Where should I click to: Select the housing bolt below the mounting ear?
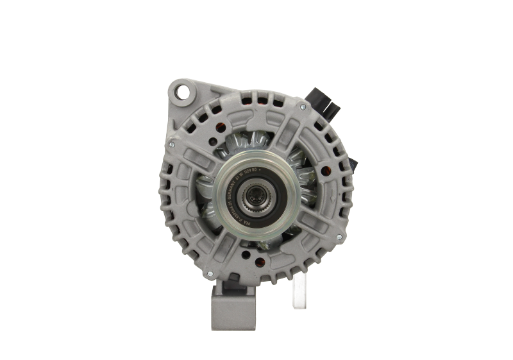[x=172, y=145]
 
